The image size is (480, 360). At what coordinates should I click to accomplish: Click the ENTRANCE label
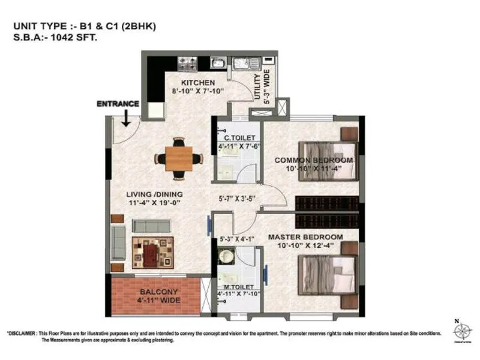point(118,104)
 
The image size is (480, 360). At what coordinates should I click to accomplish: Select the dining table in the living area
point(179,158)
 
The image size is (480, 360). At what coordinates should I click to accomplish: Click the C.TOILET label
point(232,137)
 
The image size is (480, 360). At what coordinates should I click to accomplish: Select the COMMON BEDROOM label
point(314,160)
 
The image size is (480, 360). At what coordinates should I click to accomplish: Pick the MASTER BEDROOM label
point(305,237)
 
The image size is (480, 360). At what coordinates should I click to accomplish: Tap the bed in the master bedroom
point(328,272)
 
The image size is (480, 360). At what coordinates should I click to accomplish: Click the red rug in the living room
point(152,252)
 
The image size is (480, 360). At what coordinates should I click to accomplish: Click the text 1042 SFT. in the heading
point(76,37)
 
